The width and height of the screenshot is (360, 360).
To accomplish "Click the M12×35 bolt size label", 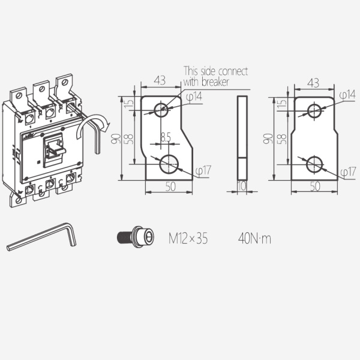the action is [188, 238].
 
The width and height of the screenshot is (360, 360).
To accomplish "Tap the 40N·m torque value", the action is [254, 238].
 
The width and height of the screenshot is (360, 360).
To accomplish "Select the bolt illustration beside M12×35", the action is [136, 237].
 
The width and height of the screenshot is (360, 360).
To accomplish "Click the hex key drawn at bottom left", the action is [41, 236].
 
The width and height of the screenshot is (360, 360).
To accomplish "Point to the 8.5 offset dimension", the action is [166, 137].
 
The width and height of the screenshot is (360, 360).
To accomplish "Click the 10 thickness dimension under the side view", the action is [242, 186].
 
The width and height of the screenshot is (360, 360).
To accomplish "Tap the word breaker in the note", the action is [215, 82].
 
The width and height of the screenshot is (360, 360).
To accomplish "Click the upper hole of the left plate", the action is [161, 110].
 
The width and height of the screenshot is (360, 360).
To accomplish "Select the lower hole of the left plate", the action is [169, 164].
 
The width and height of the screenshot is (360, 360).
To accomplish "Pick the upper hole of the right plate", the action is [314, 110].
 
